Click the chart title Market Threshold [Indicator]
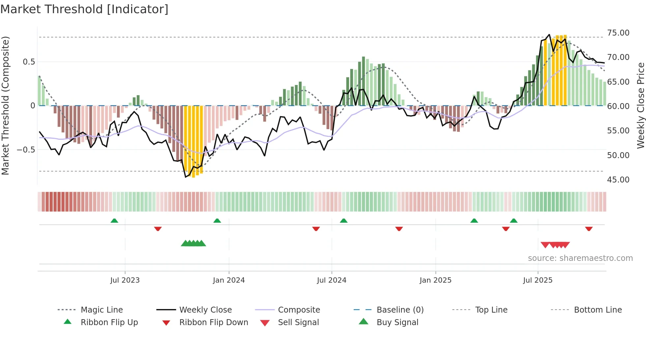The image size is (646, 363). click(x=84, y=9)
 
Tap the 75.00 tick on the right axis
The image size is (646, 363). click(x=618, y=33)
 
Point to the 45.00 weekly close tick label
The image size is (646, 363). click(x=618, y=180)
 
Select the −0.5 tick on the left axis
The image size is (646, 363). click(x=26, y=150)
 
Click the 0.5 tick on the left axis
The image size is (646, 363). click(x=29, y=62)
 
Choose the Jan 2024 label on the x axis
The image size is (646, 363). click(x=229, y=280)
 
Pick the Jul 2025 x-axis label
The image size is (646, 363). click(x=538, y=280)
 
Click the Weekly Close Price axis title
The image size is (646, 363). click(x=640, y=105)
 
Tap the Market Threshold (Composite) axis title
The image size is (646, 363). click(x=5, y=105)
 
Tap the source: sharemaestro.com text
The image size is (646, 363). click(x=580, y=258)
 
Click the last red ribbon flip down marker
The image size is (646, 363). click(x=589, y=229)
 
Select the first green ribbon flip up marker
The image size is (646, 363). click(x=114, y=221)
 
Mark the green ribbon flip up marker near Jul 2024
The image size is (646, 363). click(x=344, y=221)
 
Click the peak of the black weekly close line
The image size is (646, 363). click(x=549, y=35)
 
